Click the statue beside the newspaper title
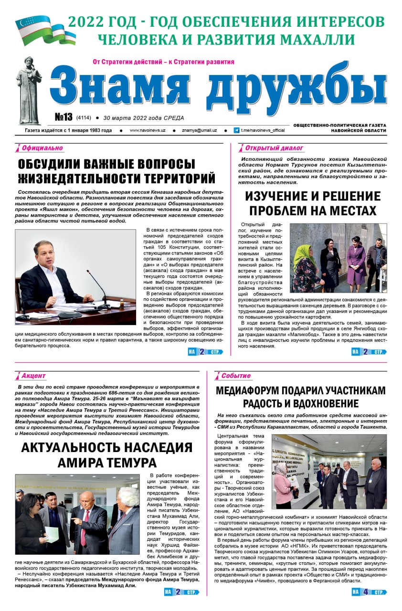(29, 91)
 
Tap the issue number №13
(63, 117)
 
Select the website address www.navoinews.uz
(148, 130)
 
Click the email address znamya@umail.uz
(199, 130)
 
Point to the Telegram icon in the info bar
(236, 130)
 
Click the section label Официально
(42, 148)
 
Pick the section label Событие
(236, 376)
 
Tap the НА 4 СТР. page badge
(369, 592)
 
